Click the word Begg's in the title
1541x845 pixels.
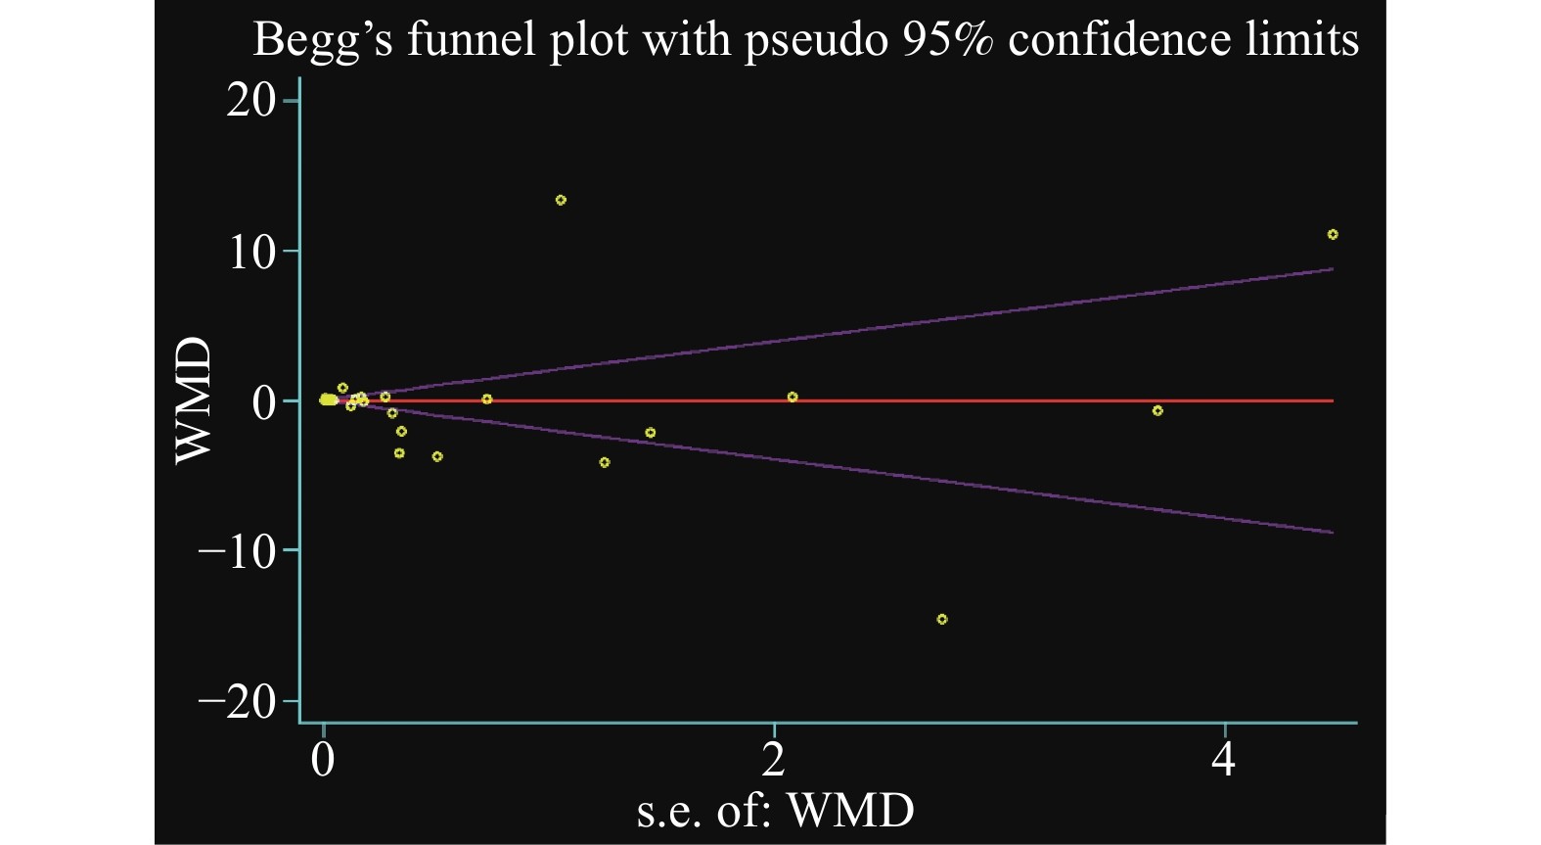(322, 41)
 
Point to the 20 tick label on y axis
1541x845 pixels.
(251, 101)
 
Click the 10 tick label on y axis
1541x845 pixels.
(251, 252)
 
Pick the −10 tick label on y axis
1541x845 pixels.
(238, 551)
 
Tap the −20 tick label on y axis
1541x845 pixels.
(238, 701)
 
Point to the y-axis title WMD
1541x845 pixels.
(194, 399)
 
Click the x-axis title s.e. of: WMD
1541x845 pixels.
(775, 810)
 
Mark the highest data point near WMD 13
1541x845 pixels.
(561, 200)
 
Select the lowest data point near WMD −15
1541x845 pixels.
(942, 619)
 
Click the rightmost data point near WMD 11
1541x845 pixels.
(1333, 234)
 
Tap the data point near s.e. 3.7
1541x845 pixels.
(1157, 411)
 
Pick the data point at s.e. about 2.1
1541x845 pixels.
(793, 397)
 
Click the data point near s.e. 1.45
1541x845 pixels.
(650, 433)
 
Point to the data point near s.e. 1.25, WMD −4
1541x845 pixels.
(605, 462)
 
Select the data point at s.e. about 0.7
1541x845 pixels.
(486, 399)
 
